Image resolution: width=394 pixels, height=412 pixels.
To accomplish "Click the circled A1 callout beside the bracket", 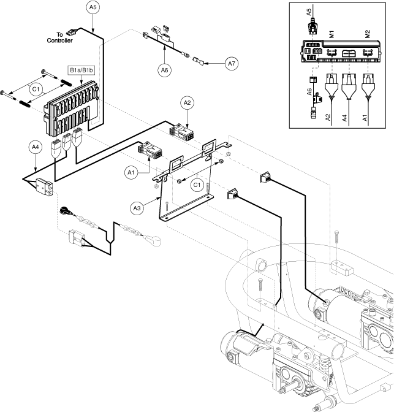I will coord(131,174).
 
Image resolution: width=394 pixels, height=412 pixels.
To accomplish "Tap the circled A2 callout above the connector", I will coord(187,102).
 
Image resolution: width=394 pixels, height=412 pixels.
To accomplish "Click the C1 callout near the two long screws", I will coord(37,89).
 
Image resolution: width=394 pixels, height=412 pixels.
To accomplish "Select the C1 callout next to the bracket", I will coord(197,183).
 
